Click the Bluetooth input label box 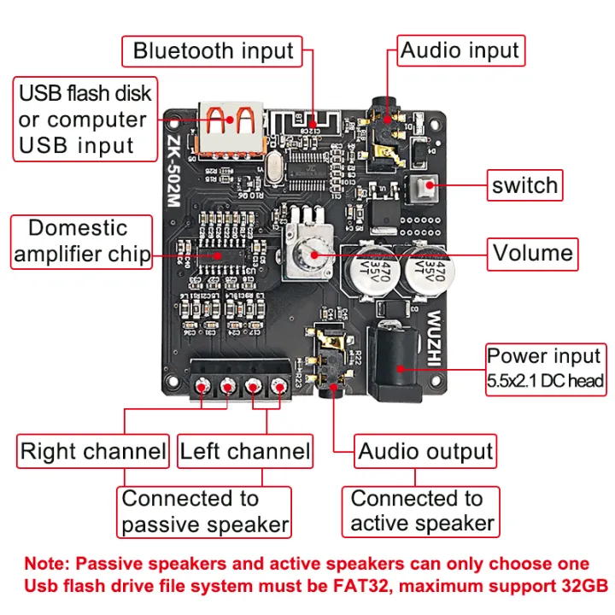(213, 50)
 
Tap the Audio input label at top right (460, 50)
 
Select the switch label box (524, 184)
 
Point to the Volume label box (532, 253)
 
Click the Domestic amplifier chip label (80, 242)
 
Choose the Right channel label (93, 452)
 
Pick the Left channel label (244, 452)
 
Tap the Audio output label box (425, 452)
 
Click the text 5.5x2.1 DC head (545, 381)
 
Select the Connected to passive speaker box (204, 512)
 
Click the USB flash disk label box (85, 119)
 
